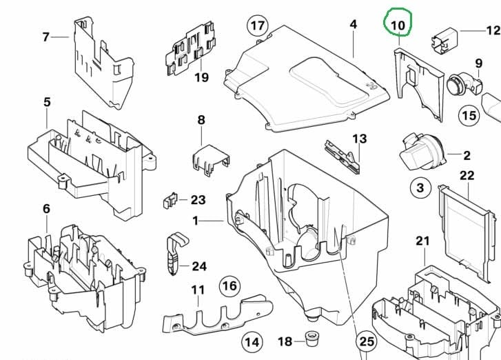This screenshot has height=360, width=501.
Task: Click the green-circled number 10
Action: pos(398,25)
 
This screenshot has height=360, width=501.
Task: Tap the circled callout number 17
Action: pos(258,26)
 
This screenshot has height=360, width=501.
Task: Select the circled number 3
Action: pos(420,188)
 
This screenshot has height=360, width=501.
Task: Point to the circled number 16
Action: pos(229,286)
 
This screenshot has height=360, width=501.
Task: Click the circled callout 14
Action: pos(252,343)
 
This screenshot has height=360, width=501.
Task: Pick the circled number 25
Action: pos(367,342)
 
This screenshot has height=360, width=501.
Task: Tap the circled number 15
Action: pos(469,115)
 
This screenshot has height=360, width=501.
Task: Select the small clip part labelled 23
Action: pos(170,201)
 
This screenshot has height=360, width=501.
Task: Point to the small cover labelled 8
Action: pos(211,160)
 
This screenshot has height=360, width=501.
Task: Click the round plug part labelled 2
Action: pos(422,152)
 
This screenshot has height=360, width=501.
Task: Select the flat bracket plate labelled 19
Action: pos(190,48)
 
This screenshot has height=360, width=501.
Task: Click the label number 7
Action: pos(46,37)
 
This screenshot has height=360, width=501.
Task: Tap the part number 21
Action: pos(422,241)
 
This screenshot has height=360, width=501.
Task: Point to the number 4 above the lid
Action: pos(353,24)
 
